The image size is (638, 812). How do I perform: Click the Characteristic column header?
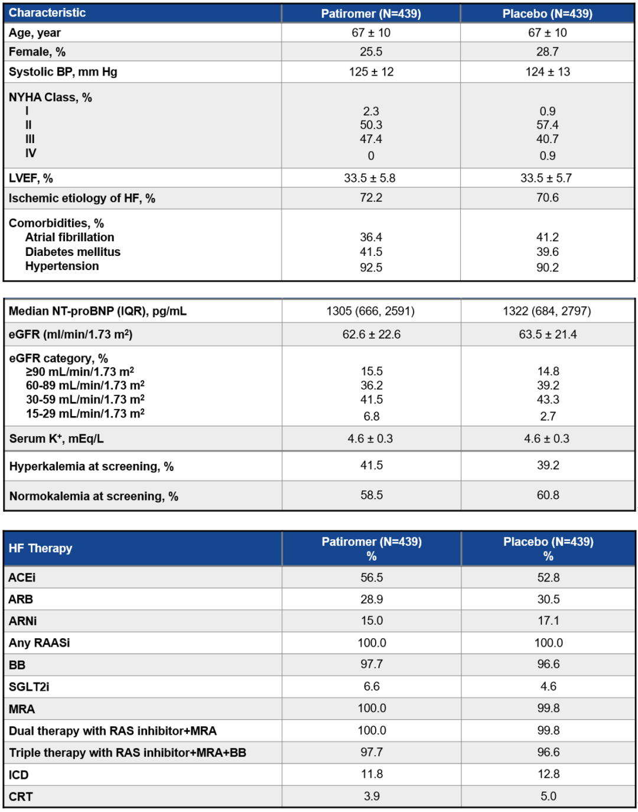(x=47, y=13)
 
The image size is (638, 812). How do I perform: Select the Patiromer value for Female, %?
(x=371, y=52)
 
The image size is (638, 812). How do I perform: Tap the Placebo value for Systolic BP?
(x=548, y=72)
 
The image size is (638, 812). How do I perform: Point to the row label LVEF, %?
(x=31, y=178)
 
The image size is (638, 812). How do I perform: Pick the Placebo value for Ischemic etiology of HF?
(x=548, y=197)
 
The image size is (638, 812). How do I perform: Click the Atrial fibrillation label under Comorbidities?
(x=70, y=237)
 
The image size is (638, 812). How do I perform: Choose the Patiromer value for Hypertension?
(x=371, y=267)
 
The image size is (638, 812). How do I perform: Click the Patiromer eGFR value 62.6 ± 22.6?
(x=372, y=334)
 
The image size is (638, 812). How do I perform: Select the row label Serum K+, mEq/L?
(x=57, y=439)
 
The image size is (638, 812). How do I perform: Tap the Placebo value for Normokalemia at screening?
(x=548, y=495)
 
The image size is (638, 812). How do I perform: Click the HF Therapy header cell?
(x=40, y=548)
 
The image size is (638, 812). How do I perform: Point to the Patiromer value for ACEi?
(x=372, y=577)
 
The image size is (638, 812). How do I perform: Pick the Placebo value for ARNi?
(x=548, y=621)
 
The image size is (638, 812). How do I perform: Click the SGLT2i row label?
(x=29, y=687)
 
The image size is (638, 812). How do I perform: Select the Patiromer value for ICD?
(x=372, y=774)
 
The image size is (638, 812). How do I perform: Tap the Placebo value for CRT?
(x=548, y=796)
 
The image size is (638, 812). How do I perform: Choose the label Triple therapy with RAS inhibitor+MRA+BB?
(x=128, y=752)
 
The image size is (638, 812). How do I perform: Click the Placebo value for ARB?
(x=548, y=599)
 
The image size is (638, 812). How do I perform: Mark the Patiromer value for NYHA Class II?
(x=371, y=125)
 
